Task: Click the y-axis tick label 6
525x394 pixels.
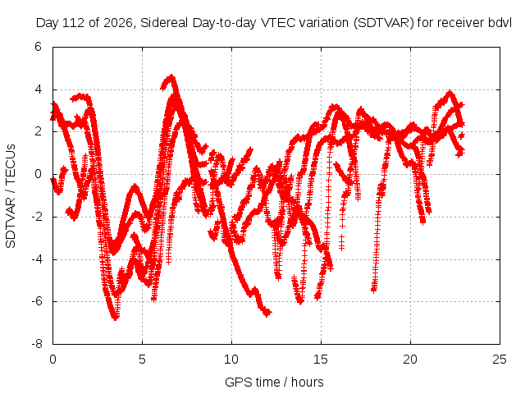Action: click(39, 47)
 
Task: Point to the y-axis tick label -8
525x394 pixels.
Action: click(37, 344)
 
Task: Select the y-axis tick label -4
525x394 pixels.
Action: click(37, 259)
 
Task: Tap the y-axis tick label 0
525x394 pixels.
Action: click(39, 174)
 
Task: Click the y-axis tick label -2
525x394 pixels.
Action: click(37, 217)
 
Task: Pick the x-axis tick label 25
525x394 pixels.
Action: click(500, 360)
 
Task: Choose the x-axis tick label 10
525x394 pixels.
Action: click(231, 360)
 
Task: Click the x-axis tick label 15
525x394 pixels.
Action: click(321, 360)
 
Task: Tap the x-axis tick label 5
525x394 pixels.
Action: click(142, 360)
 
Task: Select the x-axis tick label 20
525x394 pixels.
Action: click(410, 360)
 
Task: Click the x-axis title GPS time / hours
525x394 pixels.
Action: click(274, 382)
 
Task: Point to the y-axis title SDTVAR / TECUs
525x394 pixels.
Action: click(11, 196)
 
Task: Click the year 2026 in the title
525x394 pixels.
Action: click(118, 23)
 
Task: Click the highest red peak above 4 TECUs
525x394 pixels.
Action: click(171, 76)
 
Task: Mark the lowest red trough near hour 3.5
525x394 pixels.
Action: click(116, 318)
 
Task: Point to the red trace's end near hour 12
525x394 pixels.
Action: click(268, 314)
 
